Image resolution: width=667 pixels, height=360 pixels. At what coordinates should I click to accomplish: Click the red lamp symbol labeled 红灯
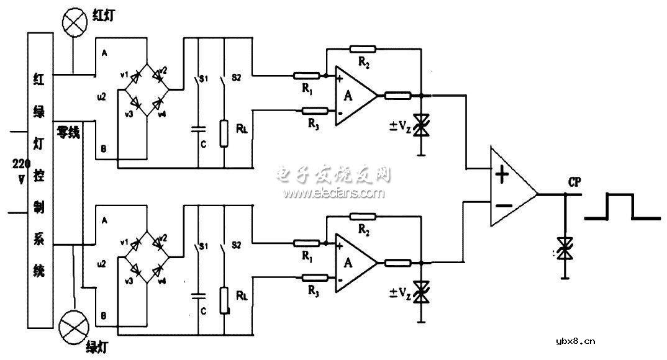(x=74, y=23)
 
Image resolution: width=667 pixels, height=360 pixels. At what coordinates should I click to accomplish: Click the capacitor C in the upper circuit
(x=197, y=130)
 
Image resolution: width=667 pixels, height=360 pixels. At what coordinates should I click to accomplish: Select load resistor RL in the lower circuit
(x=224, y=300)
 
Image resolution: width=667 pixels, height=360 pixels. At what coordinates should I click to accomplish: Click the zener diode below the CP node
(x=565, y=249)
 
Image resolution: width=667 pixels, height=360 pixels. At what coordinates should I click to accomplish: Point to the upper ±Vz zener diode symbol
(x=422, y=124)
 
